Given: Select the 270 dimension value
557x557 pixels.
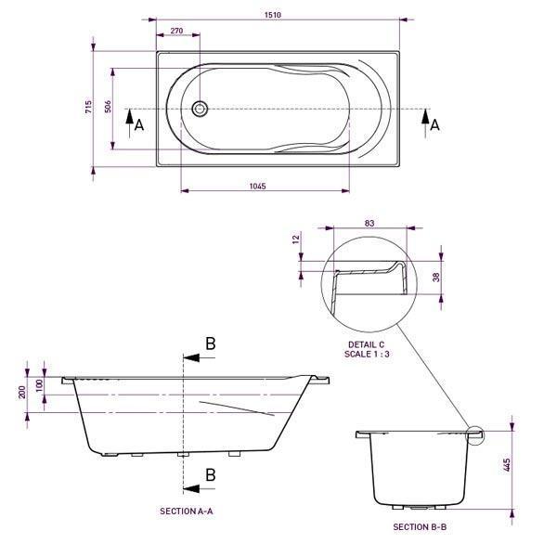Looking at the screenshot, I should click(176, 32).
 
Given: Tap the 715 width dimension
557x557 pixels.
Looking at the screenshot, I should click(88, 107).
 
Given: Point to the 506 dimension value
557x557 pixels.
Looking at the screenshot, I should click(109, 107).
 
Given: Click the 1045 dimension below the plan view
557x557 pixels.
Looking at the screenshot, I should click(258, 187).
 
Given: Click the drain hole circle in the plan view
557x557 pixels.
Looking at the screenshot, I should click(200, 109).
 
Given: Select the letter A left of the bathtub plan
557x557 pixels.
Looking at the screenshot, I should click(139, 125).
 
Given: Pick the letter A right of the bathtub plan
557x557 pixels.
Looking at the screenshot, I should click(434, 122).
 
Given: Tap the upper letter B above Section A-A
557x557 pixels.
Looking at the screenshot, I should click(210, 343).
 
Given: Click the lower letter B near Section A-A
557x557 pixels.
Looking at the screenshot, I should click(210, 474).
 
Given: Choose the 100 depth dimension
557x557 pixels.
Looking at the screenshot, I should click(39, 384).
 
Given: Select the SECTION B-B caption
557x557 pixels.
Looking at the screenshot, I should click(420, 527).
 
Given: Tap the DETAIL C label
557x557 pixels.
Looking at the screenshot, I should click(360, 343).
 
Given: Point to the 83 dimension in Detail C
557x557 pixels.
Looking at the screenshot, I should click(369, 224).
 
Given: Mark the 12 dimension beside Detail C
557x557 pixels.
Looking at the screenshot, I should click(296, 239).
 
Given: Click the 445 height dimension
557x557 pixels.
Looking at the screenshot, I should click(507, 463).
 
